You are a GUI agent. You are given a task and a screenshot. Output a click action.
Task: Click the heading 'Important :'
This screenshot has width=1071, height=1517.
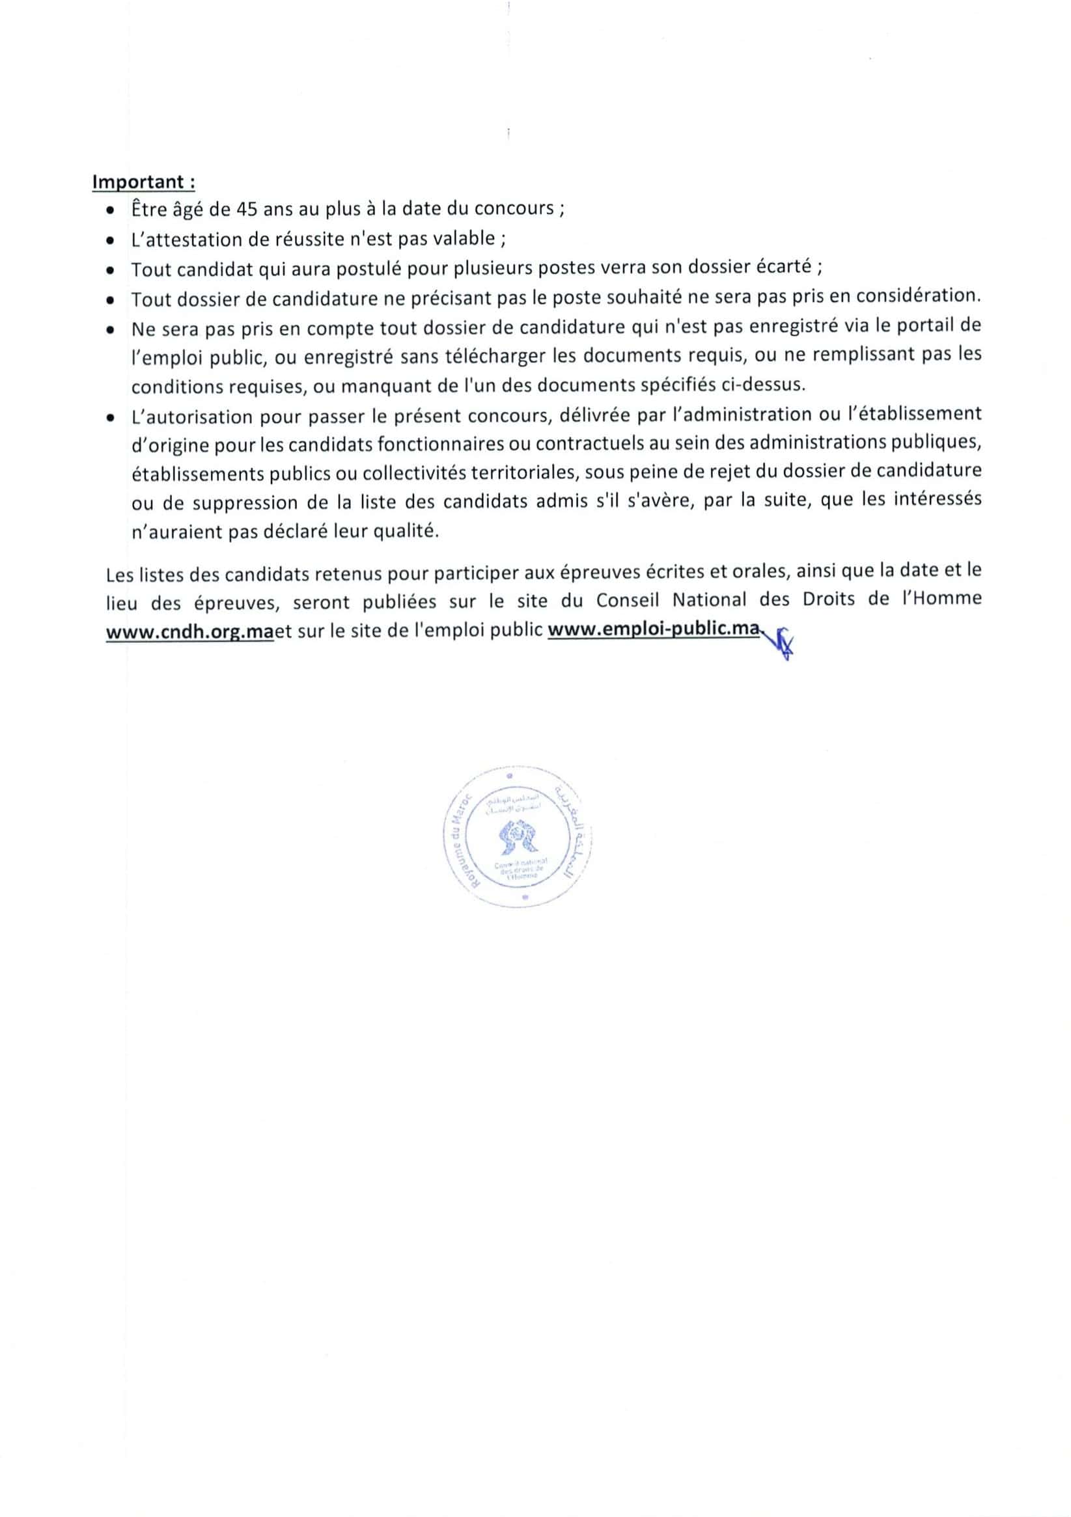tap(143, 182)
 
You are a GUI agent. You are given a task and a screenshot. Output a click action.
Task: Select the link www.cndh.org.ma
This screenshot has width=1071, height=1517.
tap(189, 631)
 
